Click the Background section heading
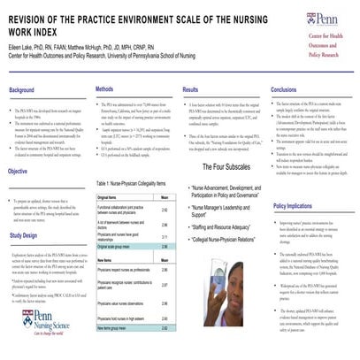coord(22,91)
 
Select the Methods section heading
coord(104,90)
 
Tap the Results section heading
coord(190,90)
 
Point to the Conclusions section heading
coord(283,90)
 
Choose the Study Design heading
coord(25,236)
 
